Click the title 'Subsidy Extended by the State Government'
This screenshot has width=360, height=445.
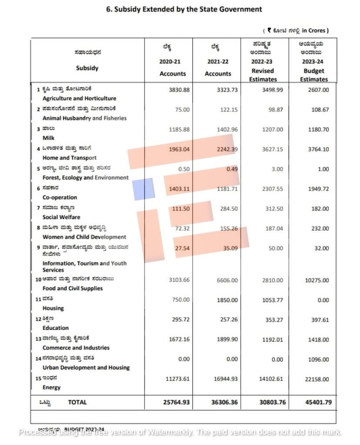point(184,9)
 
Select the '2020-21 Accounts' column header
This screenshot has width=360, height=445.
point(173,68)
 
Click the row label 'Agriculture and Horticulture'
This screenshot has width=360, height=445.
point(79,99)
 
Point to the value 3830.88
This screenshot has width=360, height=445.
point(179,90)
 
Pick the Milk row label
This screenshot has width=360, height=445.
point(49,138)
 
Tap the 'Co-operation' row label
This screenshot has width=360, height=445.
point(60,197)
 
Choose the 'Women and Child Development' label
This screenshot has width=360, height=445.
point(84,237)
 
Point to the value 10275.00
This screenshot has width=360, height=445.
point(317,280)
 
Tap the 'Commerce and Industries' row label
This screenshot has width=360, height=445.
point(76,348)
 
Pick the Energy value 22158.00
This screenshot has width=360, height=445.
point(317,379)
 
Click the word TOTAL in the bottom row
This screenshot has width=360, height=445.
point(77,402)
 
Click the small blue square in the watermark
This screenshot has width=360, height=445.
point(143,189)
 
